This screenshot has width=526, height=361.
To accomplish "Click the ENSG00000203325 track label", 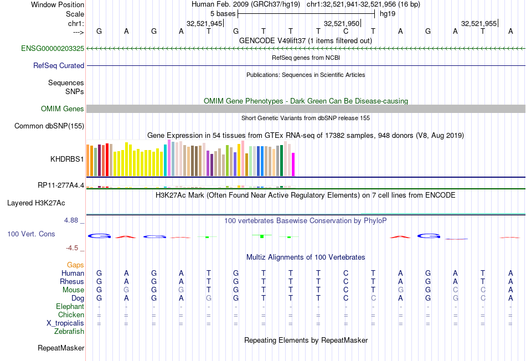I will [x=53, y=49].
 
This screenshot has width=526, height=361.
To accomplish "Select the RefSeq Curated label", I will [x=59, y=65].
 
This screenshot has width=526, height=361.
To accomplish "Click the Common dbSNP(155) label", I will [x=49, y=126].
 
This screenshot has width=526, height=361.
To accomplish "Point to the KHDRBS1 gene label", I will [x=67, y=159].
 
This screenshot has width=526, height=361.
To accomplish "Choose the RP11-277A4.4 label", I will [x=61, y=185].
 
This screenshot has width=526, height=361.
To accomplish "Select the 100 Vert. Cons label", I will [x=31, y=234].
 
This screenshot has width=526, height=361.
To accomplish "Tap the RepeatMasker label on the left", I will [x=61, y=348].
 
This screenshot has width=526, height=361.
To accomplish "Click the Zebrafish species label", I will [x=69, y=332].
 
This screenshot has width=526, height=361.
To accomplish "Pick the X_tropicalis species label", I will [x=65, y=323].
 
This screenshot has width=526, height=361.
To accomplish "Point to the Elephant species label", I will [x=70, y=307].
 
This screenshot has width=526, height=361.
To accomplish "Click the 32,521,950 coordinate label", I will [x=342, y=24].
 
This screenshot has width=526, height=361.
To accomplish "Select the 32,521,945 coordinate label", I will [x=204, y=24].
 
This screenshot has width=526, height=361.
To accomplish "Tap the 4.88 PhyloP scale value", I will [x=73, y=220].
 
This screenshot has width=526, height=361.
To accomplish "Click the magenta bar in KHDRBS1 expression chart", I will [x=293, y=164].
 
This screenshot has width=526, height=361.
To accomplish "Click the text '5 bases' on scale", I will [x=222, y=13].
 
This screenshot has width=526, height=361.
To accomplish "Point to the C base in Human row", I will [x=345, y=273].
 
